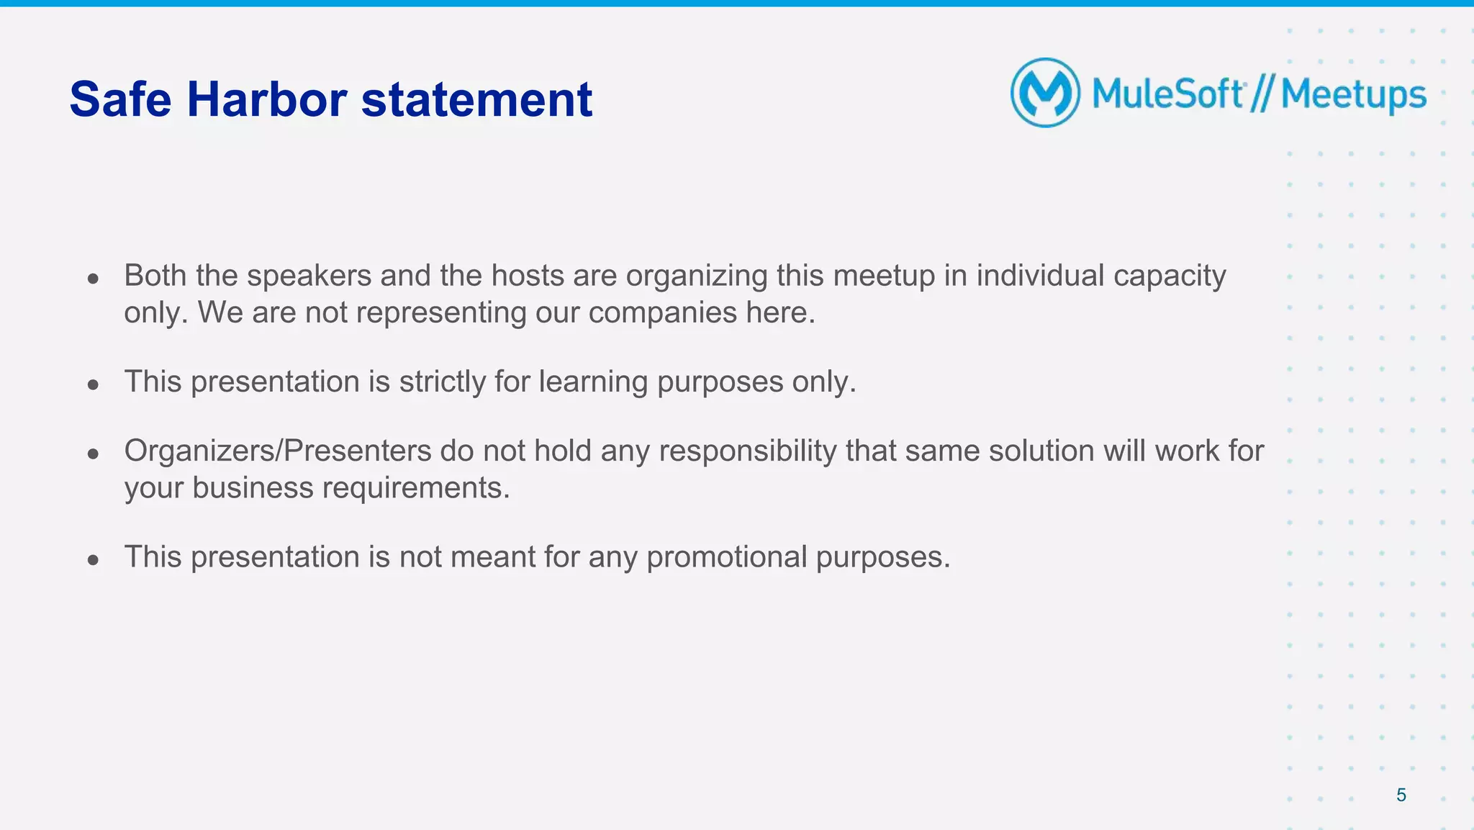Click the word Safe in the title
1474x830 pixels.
[x=120, y=99]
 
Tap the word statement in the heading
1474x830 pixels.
[x=476, y=99]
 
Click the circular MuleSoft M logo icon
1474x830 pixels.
[x=1045, y=93]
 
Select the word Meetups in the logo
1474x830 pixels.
[x=1353, y=95]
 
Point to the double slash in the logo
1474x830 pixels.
[x=1262, y=94]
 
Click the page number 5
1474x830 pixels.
[x=1401, y=795]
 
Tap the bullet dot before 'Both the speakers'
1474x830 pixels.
[x=93, y=279]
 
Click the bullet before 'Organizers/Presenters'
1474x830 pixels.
[x=93, y=454]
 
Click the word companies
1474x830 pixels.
[x=662, y=312]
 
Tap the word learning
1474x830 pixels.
[x=593, y=382]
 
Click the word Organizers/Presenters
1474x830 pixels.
[x=278, y=451]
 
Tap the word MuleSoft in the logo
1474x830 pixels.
[x=1167, y=94]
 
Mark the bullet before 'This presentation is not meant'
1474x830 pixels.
[x=93, y=560]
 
